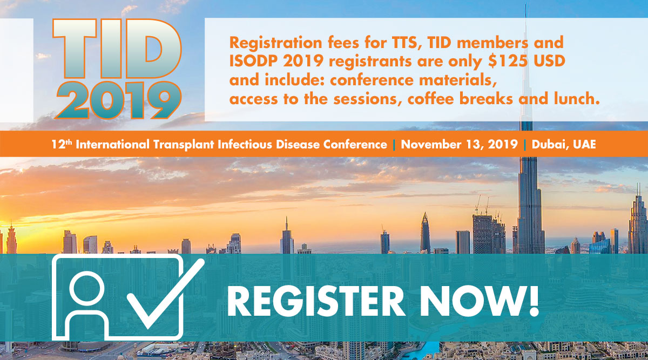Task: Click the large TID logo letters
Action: click(117, 49)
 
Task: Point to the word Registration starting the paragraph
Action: click(275, 43)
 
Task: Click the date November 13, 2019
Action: click(459, 144)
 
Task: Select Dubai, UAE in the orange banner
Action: click(564, 144)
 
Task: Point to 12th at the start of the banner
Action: click(62, 144)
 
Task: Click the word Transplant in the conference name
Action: click(184, 144)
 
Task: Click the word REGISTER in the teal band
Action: click(315, 301)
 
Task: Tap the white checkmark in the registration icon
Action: click(165, 294)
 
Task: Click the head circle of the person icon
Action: click(87, 288)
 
